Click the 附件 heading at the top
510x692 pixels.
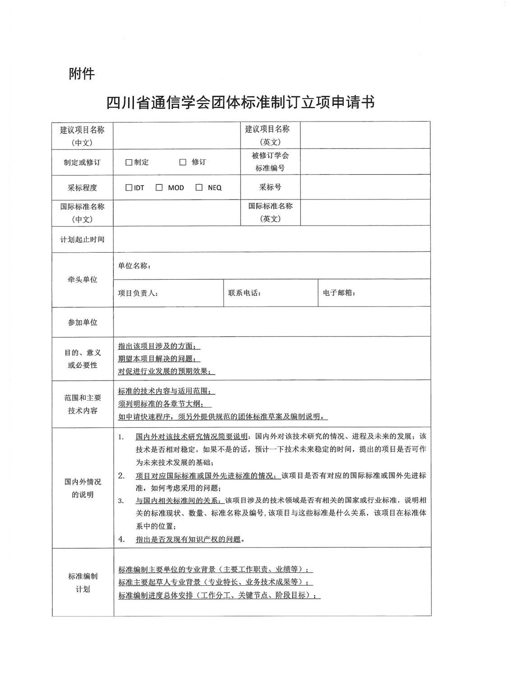pos(82,73)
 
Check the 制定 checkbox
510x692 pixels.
pos(129,163)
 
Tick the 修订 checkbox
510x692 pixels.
pos(183,163)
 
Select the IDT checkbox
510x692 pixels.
pos(129,188)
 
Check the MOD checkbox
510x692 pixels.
pos(159,188)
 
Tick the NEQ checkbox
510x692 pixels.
pos(199,188)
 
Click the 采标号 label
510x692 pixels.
pos(270,187)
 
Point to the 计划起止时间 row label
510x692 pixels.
pos(83,240)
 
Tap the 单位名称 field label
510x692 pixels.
pos(134,266)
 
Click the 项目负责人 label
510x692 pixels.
pos(138,293)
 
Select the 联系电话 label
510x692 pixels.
pos(244,293)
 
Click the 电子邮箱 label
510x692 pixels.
pos(339,293)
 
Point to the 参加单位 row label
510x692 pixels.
pos(83,322)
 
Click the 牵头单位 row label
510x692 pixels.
pos(83,280)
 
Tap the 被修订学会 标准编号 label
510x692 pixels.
pos(270,162)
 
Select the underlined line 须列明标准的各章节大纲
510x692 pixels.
pos(164,404)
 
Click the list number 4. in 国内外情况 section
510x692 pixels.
pos(121,539)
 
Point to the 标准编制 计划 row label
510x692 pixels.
pos(83,583)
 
